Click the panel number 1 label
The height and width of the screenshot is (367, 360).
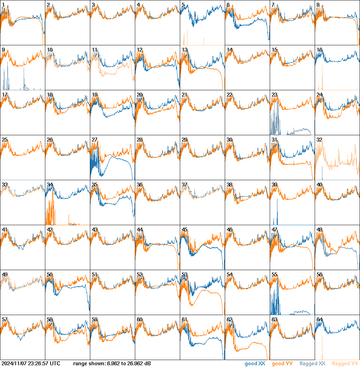click(x=3, y=5)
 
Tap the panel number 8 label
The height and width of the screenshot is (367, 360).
click(x=318, y=5)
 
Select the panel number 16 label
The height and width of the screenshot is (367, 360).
click(x=319, y=49)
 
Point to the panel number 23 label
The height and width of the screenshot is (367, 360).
click(x=274, y=94)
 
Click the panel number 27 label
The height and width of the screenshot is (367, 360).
click(x=94, y=139)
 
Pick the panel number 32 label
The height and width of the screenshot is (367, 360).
click(x=319, y=139)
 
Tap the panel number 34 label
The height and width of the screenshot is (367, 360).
click(x=49, y=184)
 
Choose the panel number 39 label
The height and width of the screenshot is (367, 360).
click(x=274, y=184)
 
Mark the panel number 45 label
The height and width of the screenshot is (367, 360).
click(x=184, y=229)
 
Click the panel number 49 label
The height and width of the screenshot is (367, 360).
click(x=5, y=274)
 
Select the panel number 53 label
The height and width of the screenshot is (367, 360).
click(x=184, y=274)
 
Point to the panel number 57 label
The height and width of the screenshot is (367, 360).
click(x=5, y=319)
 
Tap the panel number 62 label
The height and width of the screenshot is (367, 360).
click(x=229, y=319)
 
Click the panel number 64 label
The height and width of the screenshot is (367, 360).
click(x=319, y=319)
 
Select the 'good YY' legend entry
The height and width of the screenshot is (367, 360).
click(x=282, y=364)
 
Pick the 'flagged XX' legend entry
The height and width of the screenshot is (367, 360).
click(x=312, y=364)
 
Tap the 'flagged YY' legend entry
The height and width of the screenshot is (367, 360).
click(x=345, y=364)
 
